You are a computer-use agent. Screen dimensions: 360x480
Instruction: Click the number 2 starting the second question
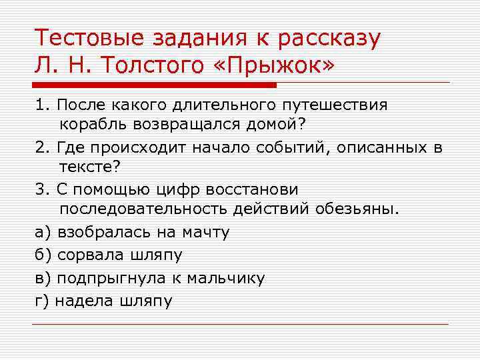(40, 147)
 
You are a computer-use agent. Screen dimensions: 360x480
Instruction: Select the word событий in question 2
(294, 147)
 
